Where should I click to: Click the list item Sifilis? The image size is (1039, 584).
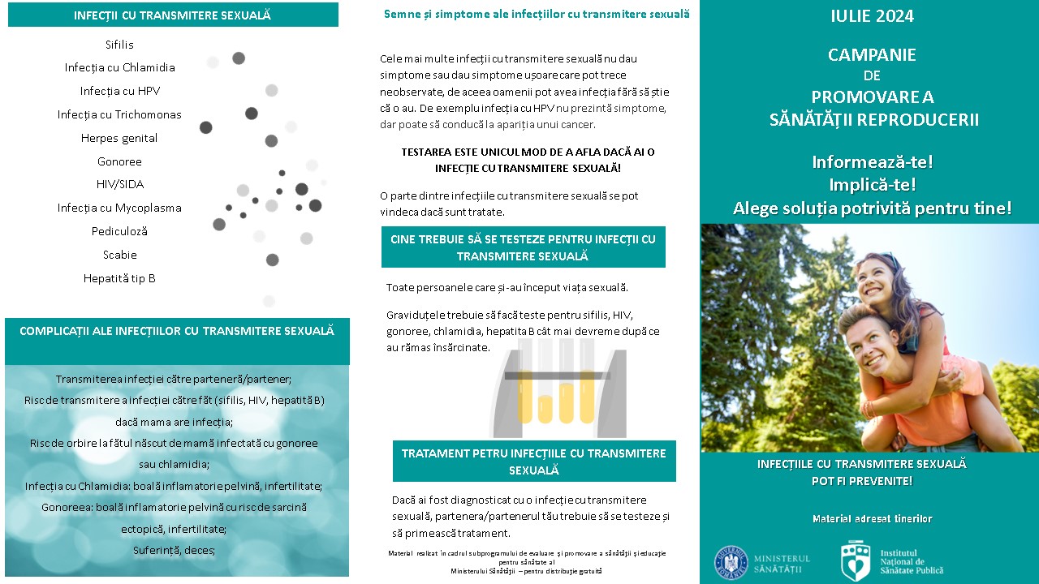pos(119,45)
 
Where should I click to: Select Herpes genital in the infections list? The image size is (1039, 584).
pos(119,138)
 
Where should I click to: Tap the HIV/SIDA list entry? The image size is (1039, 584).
pos(120,184)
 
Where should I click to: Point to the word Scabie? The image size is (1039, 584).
pos(120,255)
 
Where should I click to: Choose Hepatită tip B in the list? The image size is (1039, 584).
pos(119,278)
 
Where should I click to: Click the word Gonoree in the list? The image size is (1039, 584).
pos(119,161)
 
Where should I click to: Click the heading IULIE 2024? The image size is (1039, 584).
pos(873,16)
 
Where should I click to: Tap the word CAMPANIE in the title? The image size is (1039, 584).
pos(872,55)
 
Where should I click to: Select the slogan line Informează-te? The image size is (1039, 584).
pos(873,161)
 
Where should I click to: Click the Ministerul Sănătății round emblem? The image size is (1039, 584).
pos(731,563)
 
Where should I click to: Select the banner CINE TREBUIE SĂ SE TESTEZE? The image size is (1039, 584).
pos(523,247)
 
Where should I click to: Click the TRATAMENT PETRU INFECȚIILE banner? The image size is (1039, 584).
pos(534,462)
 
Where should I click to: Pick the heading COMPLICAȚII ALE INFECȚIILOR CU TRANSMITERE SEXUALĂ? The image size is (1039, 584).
pos(177,331)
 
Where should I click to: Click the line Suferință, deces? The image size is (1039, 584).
pos(174,550)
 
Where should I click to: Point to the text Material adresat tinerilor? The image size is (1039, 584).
pos(873,518)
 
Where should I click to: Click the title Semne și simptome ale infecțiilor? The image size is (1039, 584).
pos(537,14)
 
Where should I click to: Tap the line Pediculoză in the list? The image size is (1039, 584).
pos(119,231)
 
